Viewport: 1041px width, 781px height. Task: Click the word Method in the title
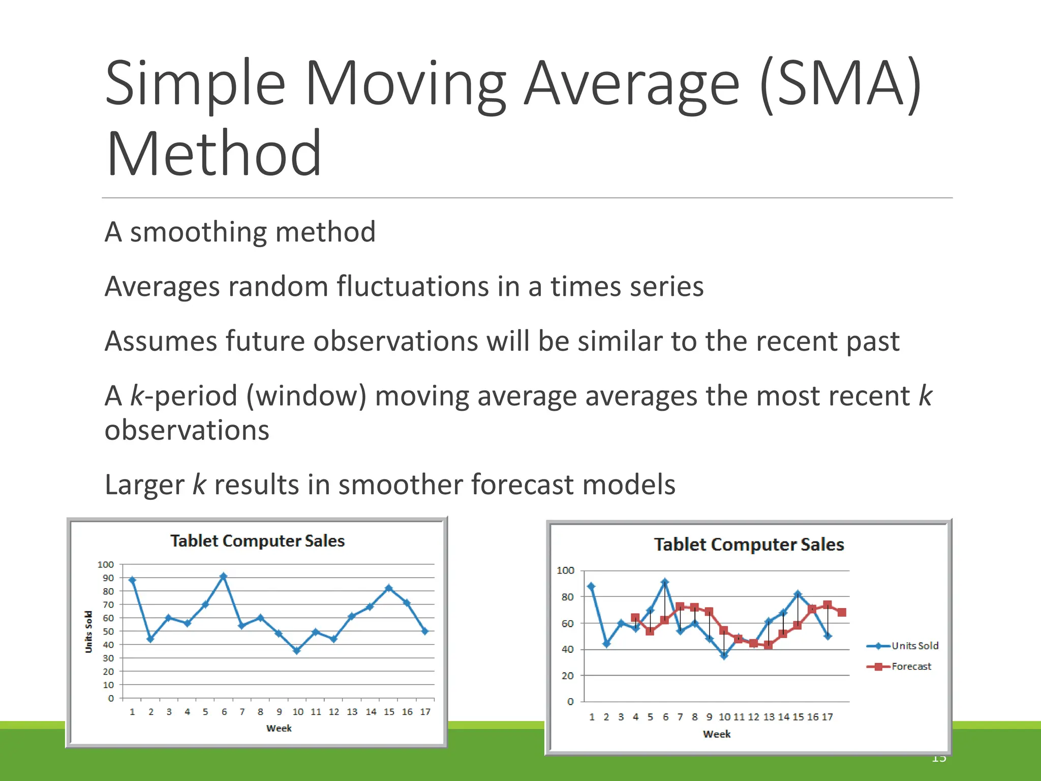click(214, 154)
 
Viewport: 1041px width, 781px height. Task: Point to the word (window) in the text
click(306, 396)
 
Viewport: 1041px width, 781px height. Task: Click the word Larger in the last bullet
click(144, 485)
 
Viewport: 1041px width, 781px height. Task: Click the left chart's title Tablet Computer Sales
click(257, 541)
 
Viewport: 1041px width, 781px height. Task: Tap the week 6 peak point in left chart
click(224, 577)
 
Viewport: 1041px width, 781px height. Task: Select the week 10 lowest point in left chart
click(297, 650)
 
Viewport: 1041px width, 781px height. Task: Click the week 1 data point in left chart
click(132, 580)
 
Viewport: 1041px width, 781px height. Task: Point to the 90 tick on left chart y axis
click(108, 578)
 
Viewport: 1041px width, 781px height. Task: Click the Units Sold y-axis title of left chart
click(89, 632)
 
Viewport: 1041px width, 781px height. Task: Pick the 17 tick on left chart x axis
click(425, 712)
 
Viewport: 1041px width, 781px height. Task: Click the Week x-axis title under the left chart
click(279, 728)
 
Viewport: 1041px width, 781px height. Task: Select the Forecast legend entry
click(911, 667)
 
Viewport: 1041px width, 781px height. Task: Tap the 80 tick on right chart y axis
click(567, 597)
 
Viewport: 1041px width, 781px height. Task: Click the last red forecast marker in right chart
click(842, 612)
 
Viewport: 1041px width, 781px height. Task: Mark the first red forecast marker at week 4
click(635, 618)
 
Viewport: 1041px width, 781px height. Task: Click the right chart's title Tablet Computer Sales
click(748, 545)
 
